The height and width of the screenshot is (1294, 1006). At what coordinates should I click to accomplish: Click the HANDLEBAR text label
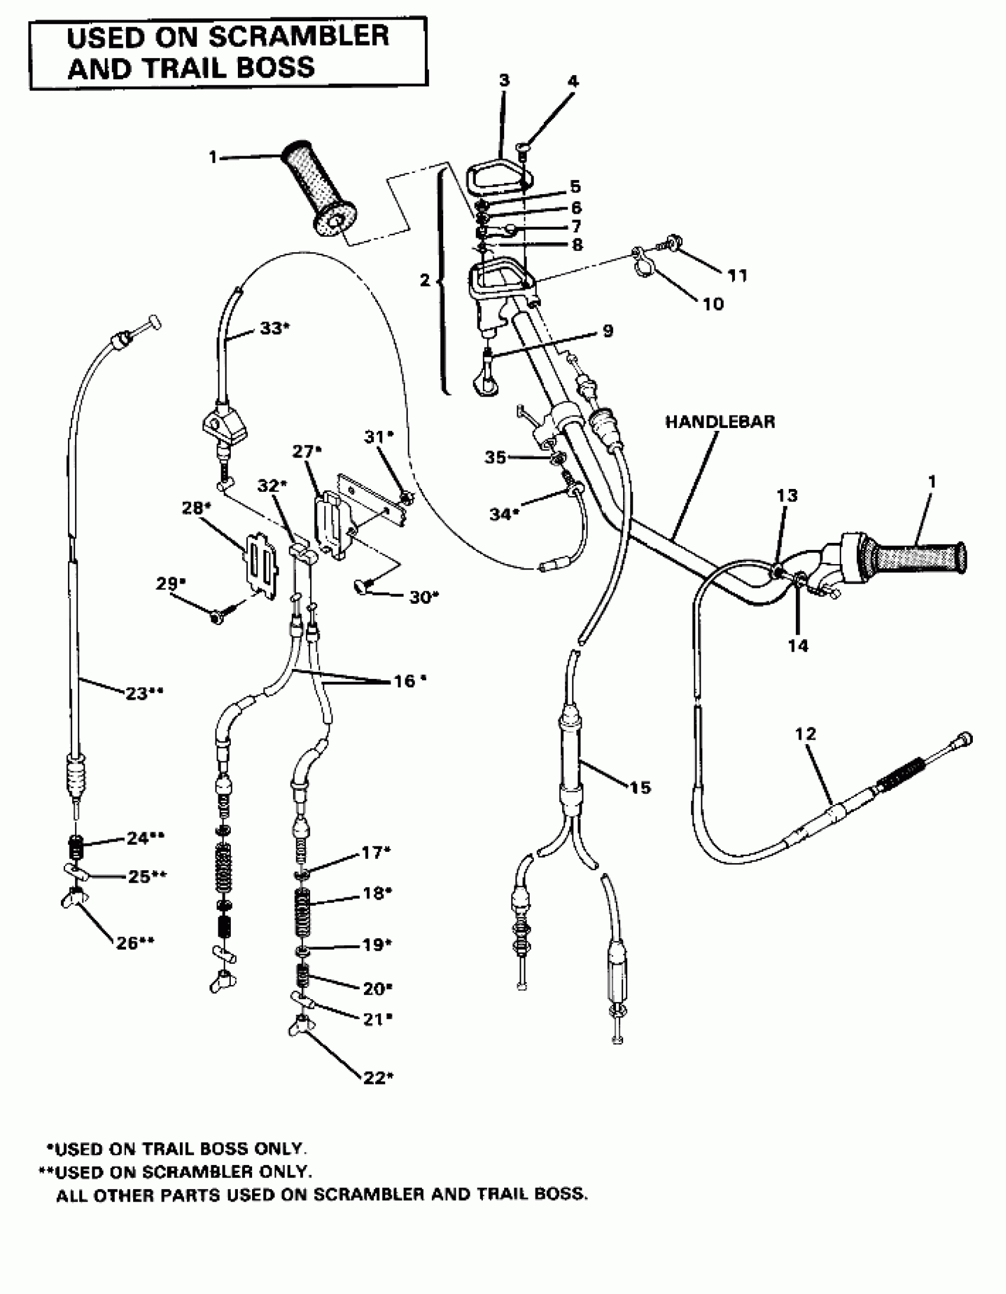719,422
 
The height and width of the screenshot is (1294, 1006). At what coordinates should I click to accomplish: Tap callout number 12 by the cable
805,734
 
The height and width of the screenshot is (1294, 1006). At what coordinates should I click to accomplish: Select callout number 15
640,787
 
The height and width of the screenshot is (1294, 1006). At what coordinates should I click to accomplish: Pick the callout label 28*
196,508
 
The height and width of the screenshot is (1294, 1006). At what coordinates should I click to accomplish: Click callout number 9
607,331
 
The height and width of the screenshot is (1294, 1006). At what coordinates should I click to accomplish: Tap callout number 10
712,304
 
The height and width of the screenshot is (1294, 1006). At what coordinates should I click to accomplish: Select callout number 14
798,645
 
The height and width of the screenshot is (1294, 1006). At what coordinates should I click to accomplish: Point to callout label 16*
410,681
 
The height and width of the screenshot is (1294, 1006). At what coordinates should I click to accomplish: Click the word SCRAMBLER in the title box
299,37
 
